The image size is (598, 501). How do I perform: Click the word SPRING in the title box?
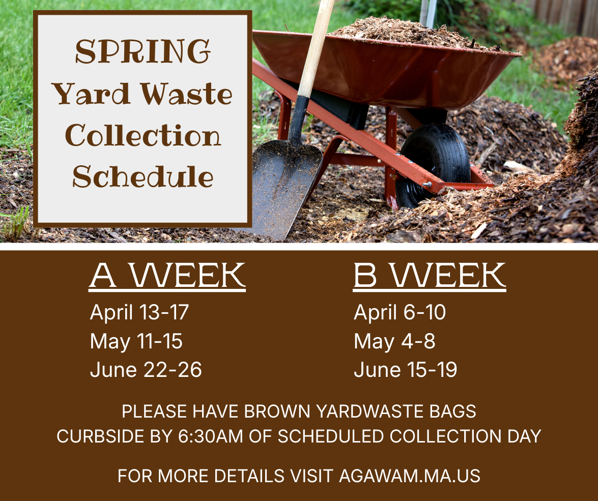(x=143, y=52)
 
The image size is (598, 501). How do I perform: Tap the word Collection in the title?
(x=143, y=136)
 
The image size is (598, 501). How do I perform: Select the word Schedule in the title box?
(x=143, y=176)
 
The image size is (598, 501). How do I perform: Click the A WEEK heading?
(x=167, y=276)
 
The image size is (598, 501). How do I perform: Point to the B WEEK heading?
(x=430, y=276)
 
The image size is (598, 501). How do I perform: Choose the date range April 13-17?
(x=139, y=312)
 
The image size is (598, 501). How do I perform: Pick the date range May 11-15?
(x=136, y=341)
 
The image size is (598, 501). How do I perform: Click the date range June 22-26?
(x=146, y=370)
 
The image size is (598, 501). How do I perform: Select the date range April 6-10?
(x=400, y=312)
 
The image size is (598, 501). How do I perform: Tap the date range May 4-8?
(x=394, y=341)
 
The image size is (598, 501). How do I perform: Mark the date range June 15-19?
(x=405, y=370)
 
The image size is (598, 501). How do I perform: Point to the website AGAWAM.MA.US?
(x=410, y=476)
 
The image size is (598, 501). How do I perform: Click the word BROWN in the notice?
(x=277, y=411)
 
